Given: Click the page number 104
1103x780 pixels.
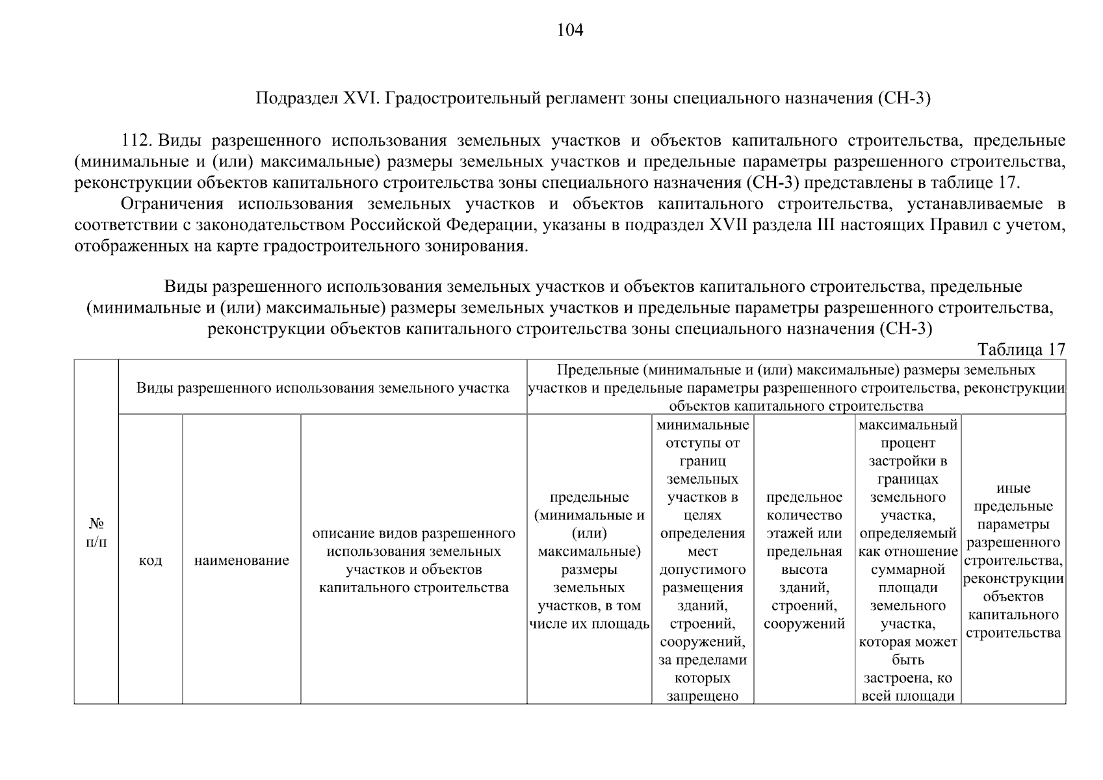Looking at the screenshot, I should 570,31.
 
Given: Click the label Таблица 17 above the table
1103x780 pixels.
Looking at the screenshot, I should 1021,350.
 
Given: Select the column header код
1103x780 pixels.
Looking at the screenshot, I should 150,560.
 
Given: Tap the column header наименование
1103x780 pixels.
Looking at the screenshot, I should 241,560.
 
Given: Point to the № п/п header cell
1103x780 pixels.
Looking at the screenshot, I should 96,532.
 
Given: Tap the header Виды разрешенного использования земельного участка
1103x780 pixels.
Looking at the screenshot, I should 322,388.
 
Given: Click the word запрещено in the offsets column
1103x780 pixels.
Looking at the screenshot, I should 703,696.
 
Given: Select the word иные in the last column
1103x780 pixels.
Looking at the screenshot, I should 1013,489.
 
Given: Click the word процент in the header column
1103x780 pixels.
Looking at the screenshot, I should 908,443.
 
